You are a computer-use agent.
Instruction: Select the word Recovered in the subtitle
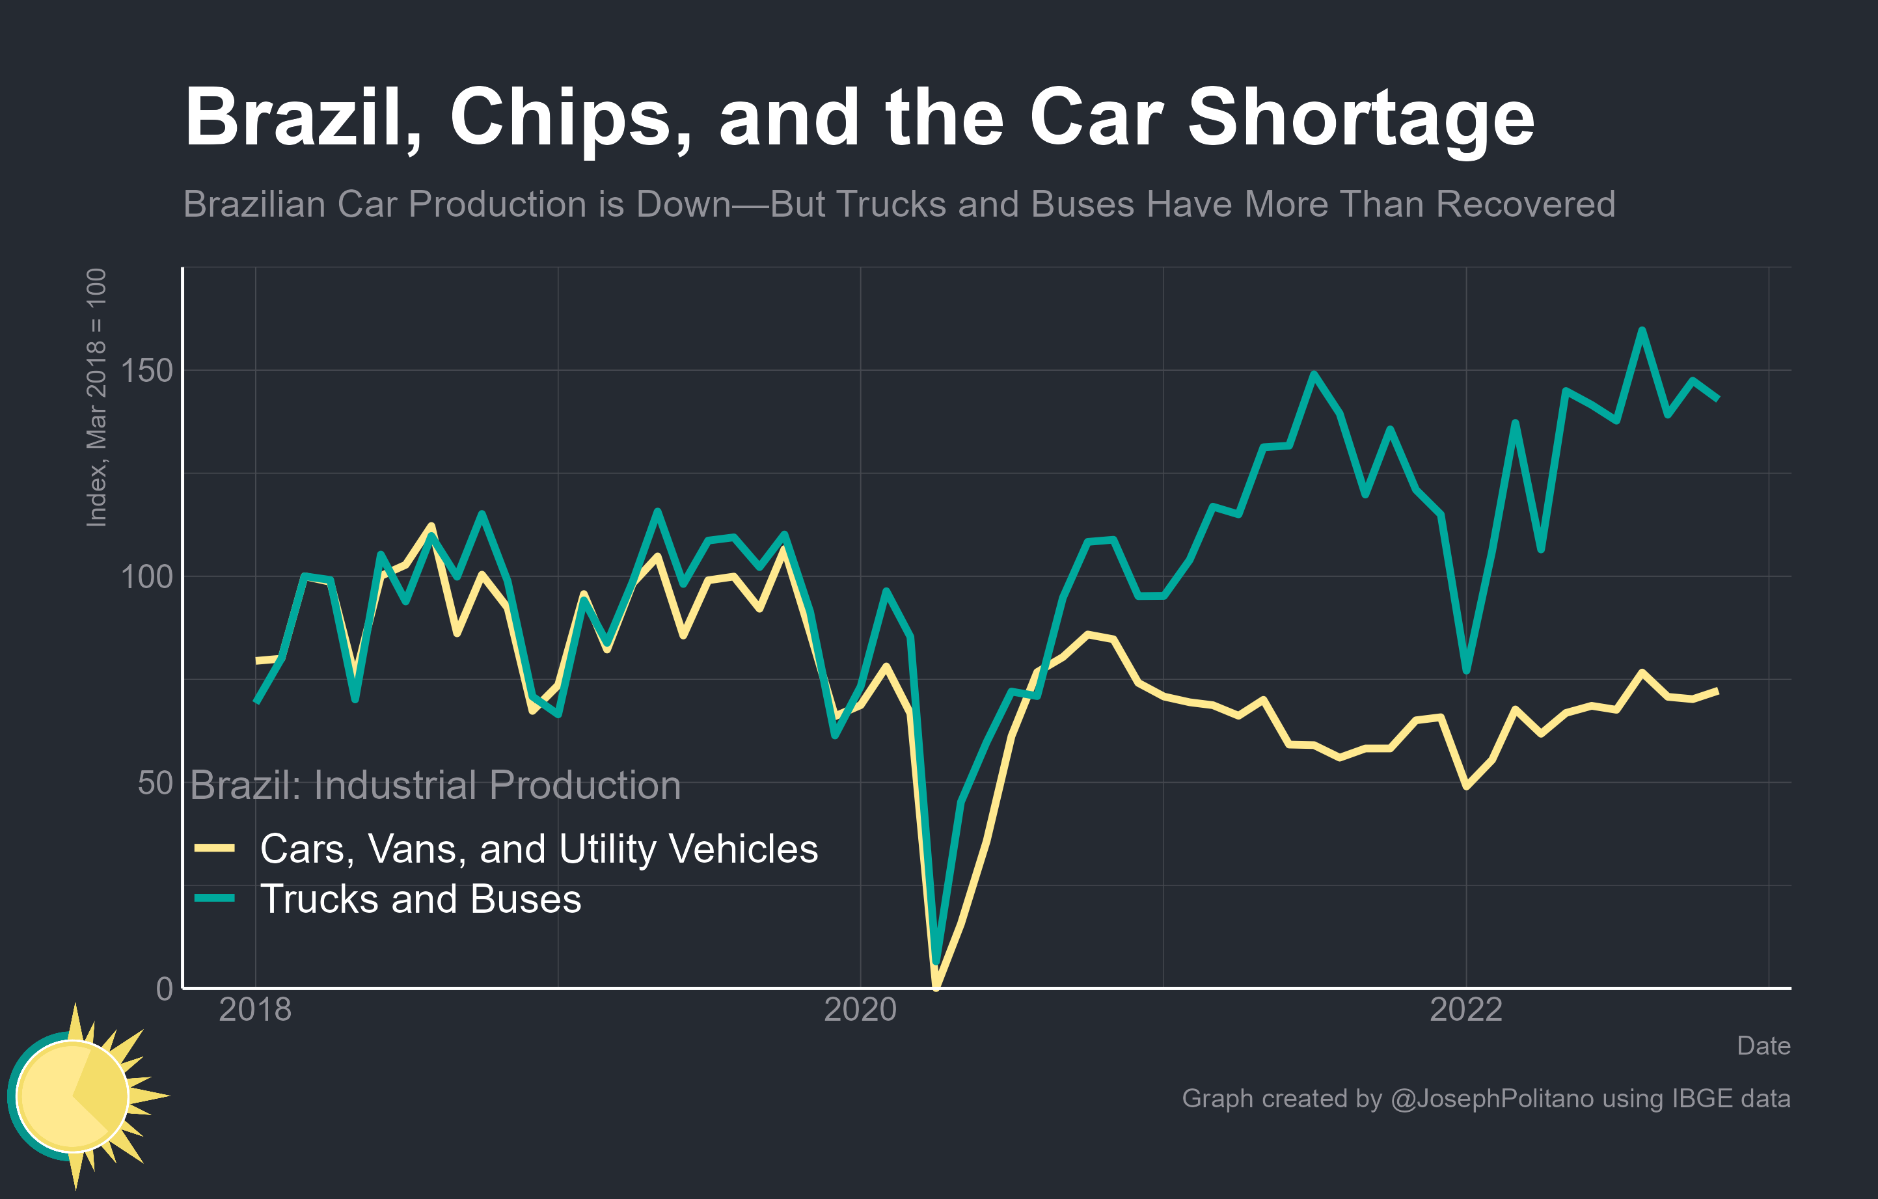[1525, 204]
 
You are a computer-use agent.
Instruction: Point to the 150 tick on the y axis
[146, 370]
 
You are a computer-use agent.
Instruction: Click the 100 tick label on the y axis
[146, 577]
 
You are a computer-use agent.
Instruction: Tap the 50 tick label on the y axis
[154, 783]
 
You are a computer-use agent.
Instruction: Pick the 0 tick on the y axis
[165, 988]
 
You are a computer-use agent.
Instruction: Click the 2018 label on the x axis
[255, 1010]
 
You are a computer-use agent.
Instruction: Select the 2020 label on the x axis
[860, 1010]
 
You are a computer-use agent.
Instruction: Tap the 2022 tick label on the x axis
[1465, 1010]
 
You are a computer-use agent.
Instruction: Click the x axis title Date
[1763, 1045]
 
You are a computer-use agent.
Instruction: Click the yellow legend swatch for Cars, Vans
[215, 848]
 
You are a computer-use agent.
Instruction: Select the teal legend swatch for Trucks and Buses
[215, 898]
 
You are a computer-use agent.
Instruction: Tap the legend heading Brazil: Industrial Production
[435, 785]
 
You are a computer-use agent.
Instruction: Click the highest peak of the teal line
[1642, 330]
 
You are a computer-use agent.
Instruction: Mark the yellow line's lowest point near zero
[936, 987]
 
